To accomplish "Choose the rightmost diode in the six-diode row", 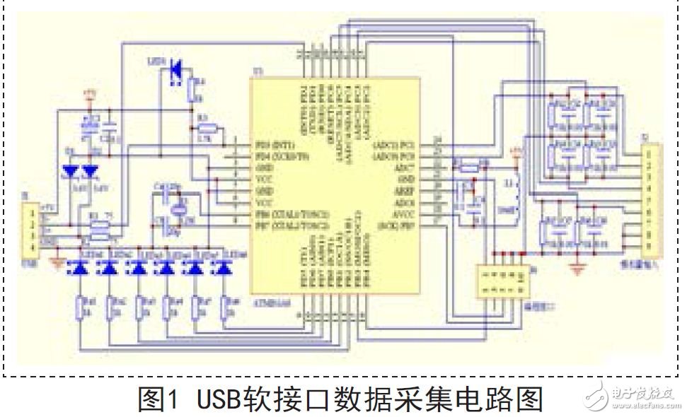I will (x=224, y=268).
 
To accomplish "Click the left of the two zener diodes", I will (x=71, y=170).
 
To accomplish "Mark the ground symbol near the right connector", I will (x=579, y=269).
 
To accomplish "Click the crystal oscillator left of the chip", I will (x=180, y=208).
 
